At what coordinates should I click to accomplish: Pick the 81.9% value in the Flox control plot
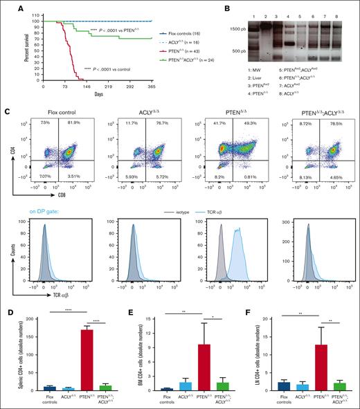(x=74, y=123)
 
